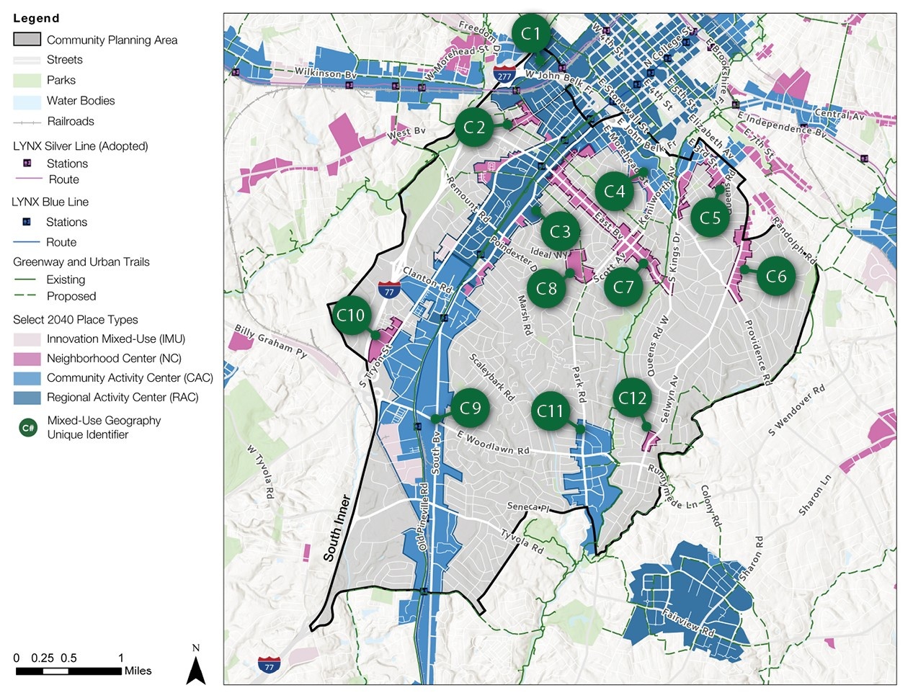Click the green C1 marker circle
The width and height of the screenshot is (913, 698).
point(531,33)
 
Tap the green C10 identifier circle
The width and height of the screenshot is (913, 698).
point(351,316)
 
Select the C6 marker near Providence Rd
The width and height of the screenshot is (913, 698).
point(776,276)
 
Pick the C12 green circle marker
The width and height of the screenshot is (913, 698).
point(633,398)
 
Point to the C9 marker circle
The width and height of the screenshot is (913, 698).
point(470,408)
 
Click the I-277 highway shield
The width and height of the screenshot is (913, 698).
point(504,74)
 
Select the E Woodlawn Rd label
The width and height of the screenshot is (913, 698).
point(494,443)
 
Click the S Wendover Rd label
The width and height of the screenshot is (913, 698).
point(796,411)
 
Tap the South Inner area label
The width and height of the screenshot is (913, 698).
point(337,527)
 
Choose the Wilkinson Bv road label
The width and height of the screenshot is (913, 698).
point(326,73)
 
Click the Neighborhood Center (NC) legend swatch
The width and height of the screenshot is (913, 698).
point(27,359)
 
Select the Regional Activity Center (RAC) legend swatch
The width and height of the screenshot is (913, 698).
point(27,398)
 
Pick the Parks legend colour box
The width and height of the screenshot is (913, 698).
point(27,80)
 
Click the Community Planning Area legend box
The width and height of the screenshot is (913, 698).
point(27,40)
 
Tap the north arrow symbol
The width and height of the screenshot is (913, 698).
point(196,668)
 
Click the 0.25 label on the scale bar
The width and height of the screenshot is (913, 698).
point(43,658)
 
